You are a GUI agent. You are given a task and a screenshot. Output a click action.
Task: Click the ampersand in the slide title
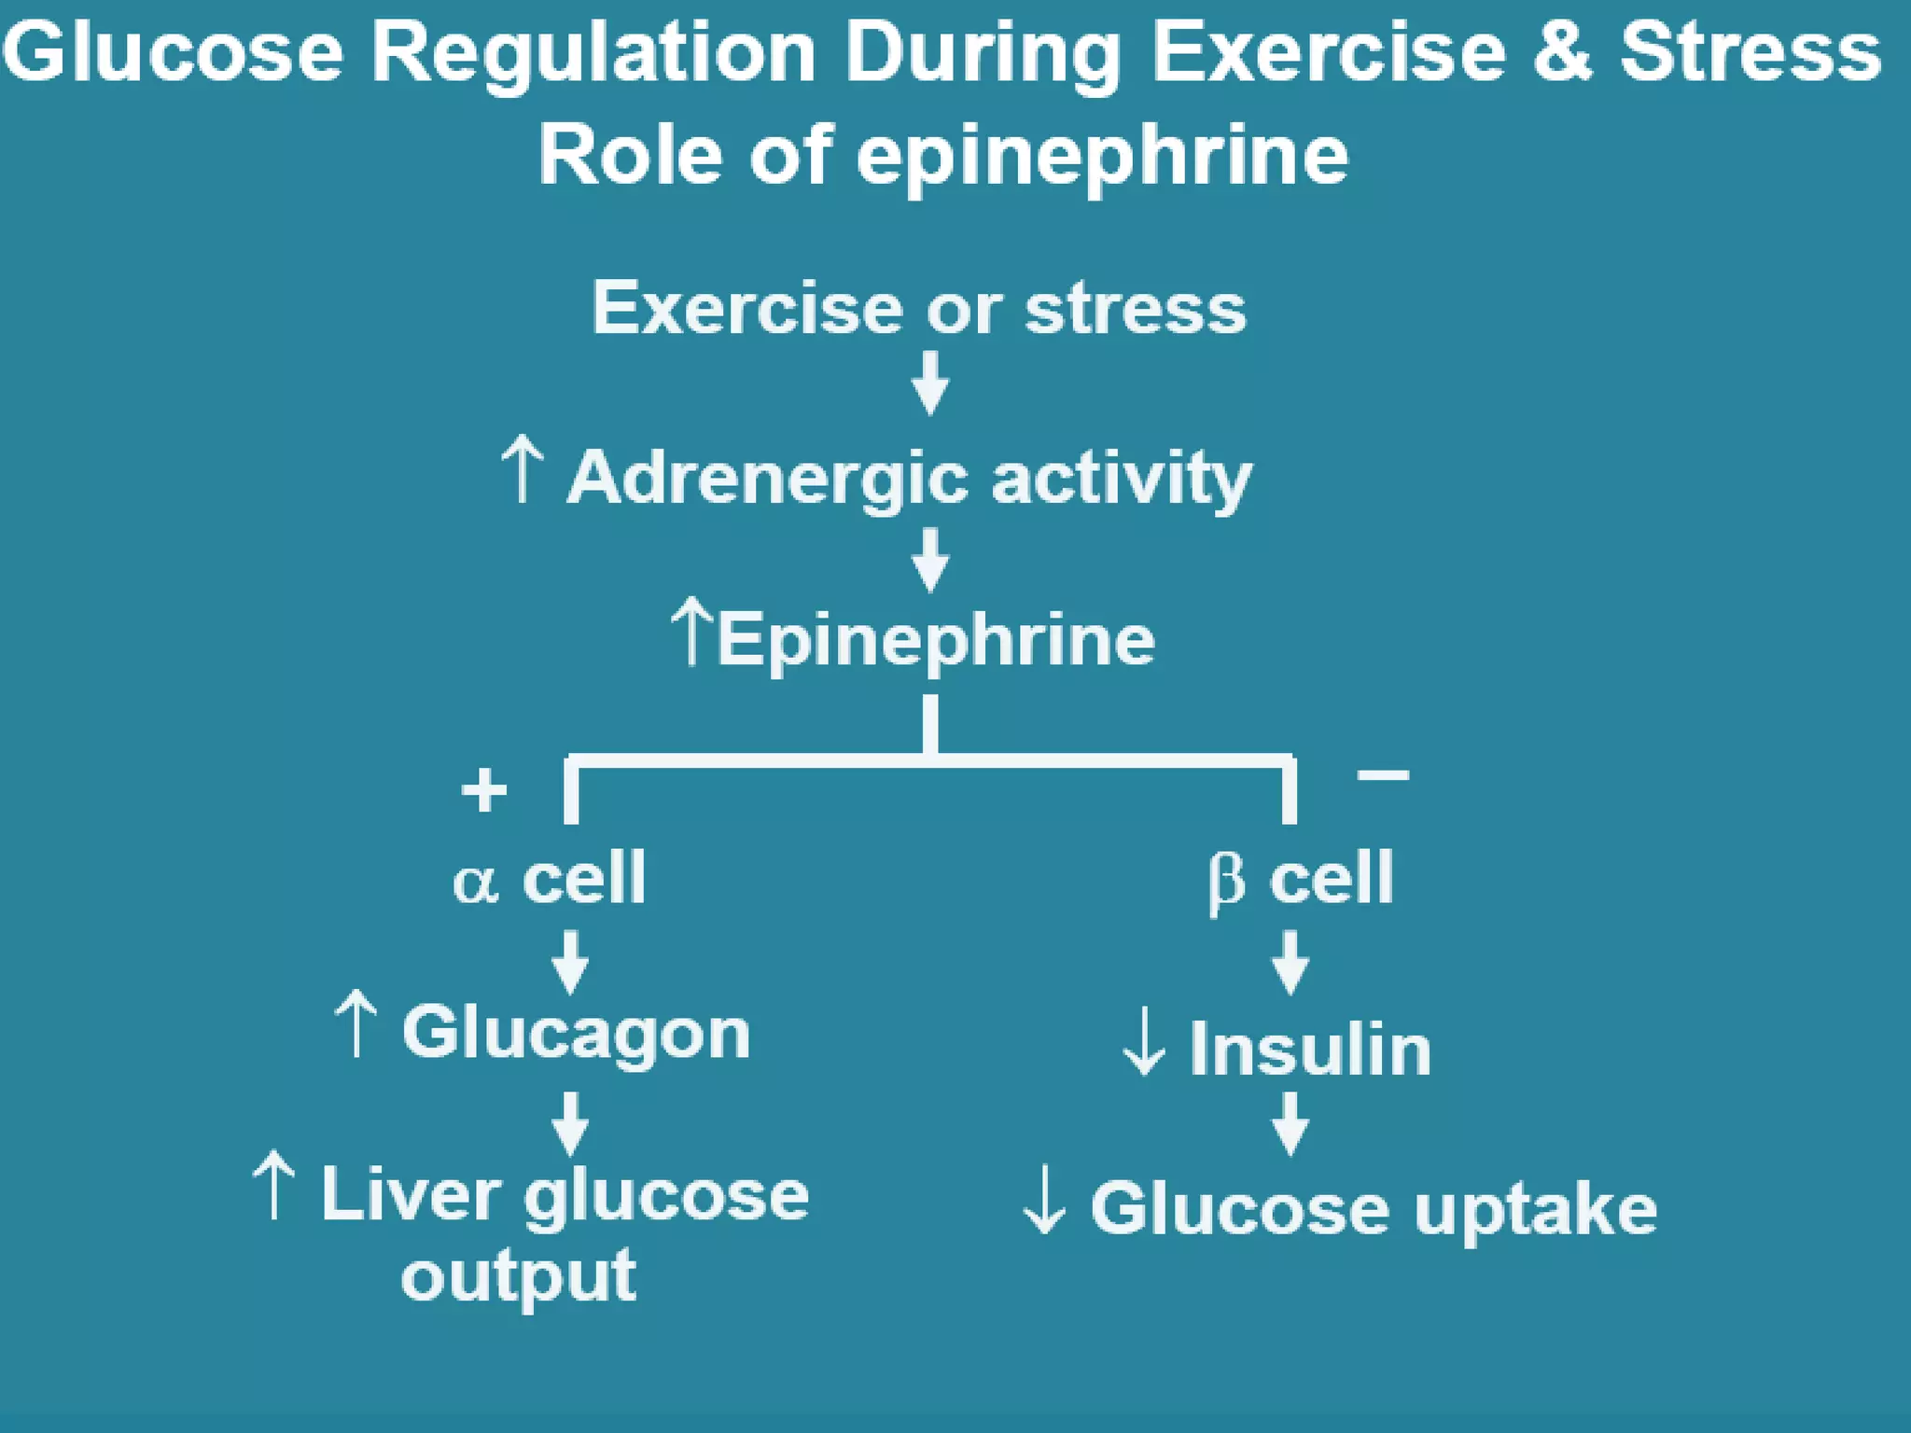point(1561,52)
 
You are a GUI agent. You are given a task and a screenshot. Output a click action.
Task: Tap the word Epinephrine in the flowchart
point(936,641)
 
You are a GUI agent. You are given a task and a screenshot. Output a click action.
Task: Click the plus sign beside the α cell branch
point(484,790)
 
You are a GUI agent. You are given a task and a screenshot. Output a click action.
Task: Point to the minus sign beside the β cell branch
point(1383,774)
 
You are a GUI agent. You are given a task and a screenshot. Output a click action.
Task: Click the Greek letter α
point(475,882)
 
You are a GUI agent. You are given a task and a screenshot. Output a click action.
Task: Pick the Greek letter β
point(1226,882)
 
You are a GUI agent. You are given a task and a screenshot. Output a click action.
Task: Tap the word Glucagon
point(576,1034)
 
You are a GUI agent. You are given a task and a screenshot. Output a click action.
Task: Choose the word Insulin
point(1310,1050)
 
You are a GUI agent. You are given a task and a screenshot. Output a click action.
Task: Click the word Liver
point(411,1194)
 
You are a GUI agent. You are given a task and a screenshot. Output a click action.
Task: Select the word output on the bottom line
point(518,1276)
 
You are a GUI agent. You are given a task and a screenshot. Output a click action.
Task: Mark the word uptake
point(1535,1211)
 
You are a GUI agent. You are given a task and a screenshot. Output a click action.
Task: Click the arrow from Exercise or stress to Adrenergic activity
point(930,383)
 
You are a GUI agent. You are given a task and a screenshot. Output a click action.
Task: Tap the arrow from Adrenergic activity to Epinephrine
point(930,560)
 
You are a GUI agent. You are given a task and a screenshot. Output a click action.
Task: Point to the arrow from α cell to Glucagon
point(570,962)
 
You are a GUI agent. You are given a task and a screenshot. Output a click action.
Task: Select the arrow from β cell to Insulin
point(1290,962)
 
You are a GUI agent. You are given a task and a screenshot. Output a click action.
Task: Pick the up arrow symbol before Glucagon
point(356,1024)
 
